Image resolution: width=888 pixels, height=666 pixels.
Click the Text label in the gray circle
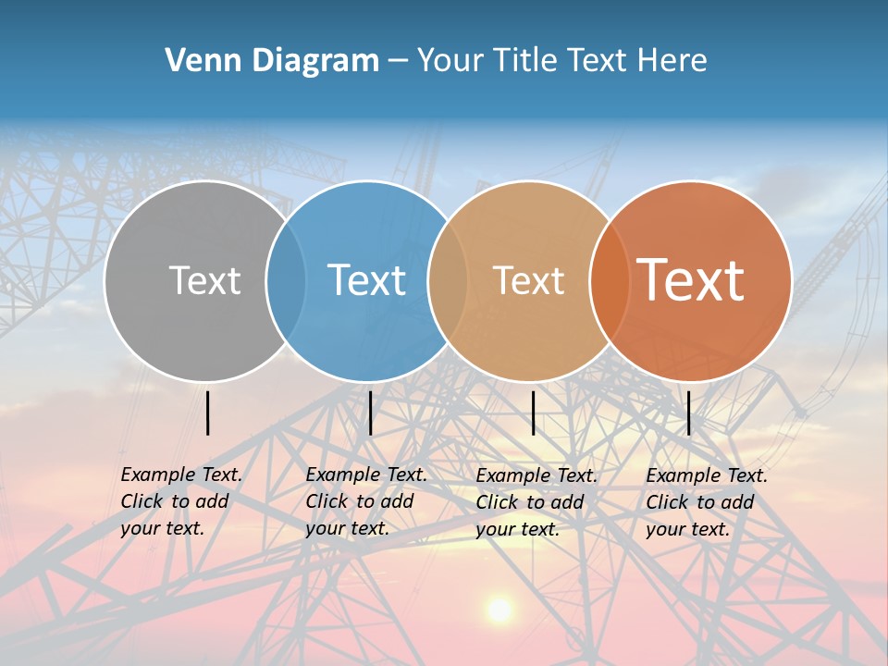(204, 280)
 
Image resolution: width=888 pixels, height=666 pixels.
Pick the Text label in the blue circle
(367, 280)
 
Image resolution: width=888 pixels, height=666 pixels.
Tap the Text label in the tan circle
(529, 280)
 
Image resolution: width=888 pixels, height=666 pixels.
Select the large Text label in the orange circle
(691, 280)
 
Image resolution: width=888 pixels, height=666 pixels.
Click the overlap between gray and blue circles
(286, 281)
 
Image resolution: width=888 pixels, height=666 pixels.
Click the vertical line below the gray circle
(208, 413)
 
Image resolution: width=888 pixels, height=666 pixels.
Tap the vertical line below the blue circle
(370, 413)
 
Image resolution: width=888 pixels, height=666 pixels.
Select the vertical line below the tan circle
(533, 413)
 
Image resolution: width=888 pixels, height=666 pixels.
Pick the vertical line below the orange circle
(688, 413)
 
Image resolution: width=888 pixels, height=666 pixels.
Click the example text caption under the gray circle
(181, 501)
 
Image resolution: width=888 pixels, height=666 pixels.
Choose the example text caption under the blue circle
(366, 501)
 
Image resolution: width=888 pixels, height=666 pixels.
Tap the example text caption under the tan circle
(536, 502)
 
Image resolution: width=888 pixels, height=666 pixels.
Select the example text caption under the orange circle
(707, 502)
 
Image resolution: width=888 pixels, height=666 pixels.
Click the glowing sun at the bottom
(499, 610)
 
